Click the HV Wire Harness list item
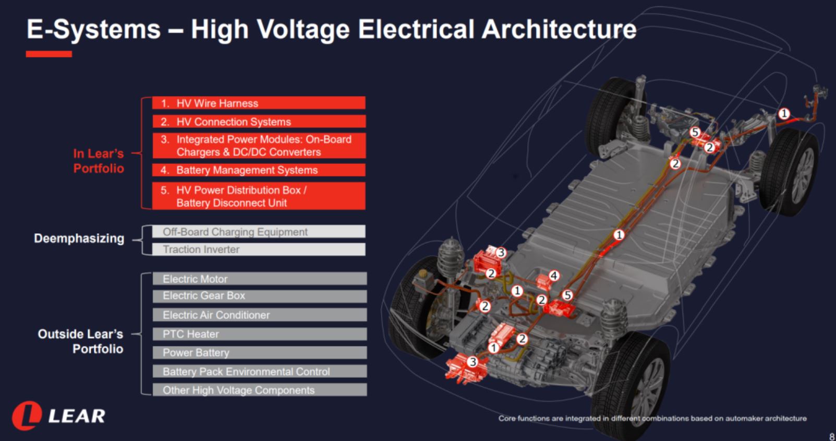[x=259, y=103]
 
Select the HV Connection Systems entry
[x=259, y=122]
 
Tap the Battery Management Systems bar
[x=259, y=170]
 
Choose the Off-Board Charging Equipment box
[x=259, y=232]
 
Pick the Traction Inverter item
[x=259, y=249]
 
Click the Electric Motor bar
[x=260, y=279]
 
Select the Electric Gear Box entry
[x=260, y=296]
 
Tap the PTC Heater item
[x=260, y=334]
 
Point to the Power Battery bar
[x=260, y=352]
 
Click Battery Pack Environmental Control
[x=260, y=371]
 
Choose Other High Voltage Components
[x=260, y=390]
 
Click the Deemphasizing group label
[x=79, y=238]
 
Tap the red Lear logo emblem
[x=27, y=415]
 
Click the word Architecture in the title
[x=559, y=29]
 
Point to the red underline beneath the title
[x=49, y=54]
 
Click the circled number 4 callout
[x=554, y=276]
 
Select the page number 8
[x=832, y=436]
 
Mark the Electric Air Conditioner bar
[x=260, y=315]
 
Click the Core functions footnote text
[x=652, y=418]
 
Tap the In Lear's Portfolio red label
[x=99, y=161]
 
